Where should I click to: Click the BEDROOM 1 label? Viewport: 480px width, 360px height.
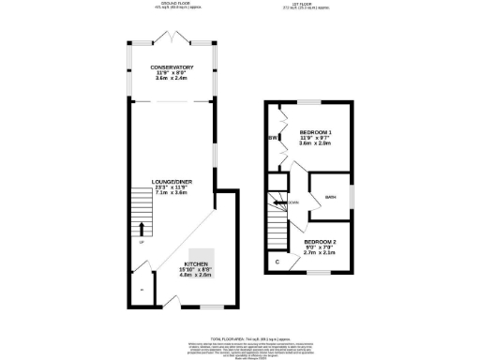point(316,132)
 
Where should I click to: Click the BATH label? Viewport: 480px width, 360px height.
point(330,197)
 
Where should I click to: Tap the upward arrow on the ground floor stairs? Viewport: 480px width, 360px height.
point(142,228)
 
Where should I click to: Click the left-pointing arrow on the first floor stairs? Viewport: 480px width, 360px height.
point(280,202)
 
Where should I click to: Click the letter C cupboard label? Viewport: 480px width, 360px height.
point(277,262)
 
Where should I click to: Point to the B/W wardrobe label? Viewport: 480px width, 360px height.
point(273,140)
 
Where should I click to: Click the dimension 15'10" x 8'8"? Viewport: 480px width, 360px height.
point(197,272)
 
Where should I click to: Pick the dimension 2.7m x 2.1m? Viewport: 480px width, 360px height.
point(321,253)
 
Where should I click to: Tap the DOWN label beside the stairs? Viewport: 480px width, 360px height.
point(293,202)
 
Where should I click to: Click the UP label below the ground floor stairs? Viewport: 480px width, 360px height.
point(142,244)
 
